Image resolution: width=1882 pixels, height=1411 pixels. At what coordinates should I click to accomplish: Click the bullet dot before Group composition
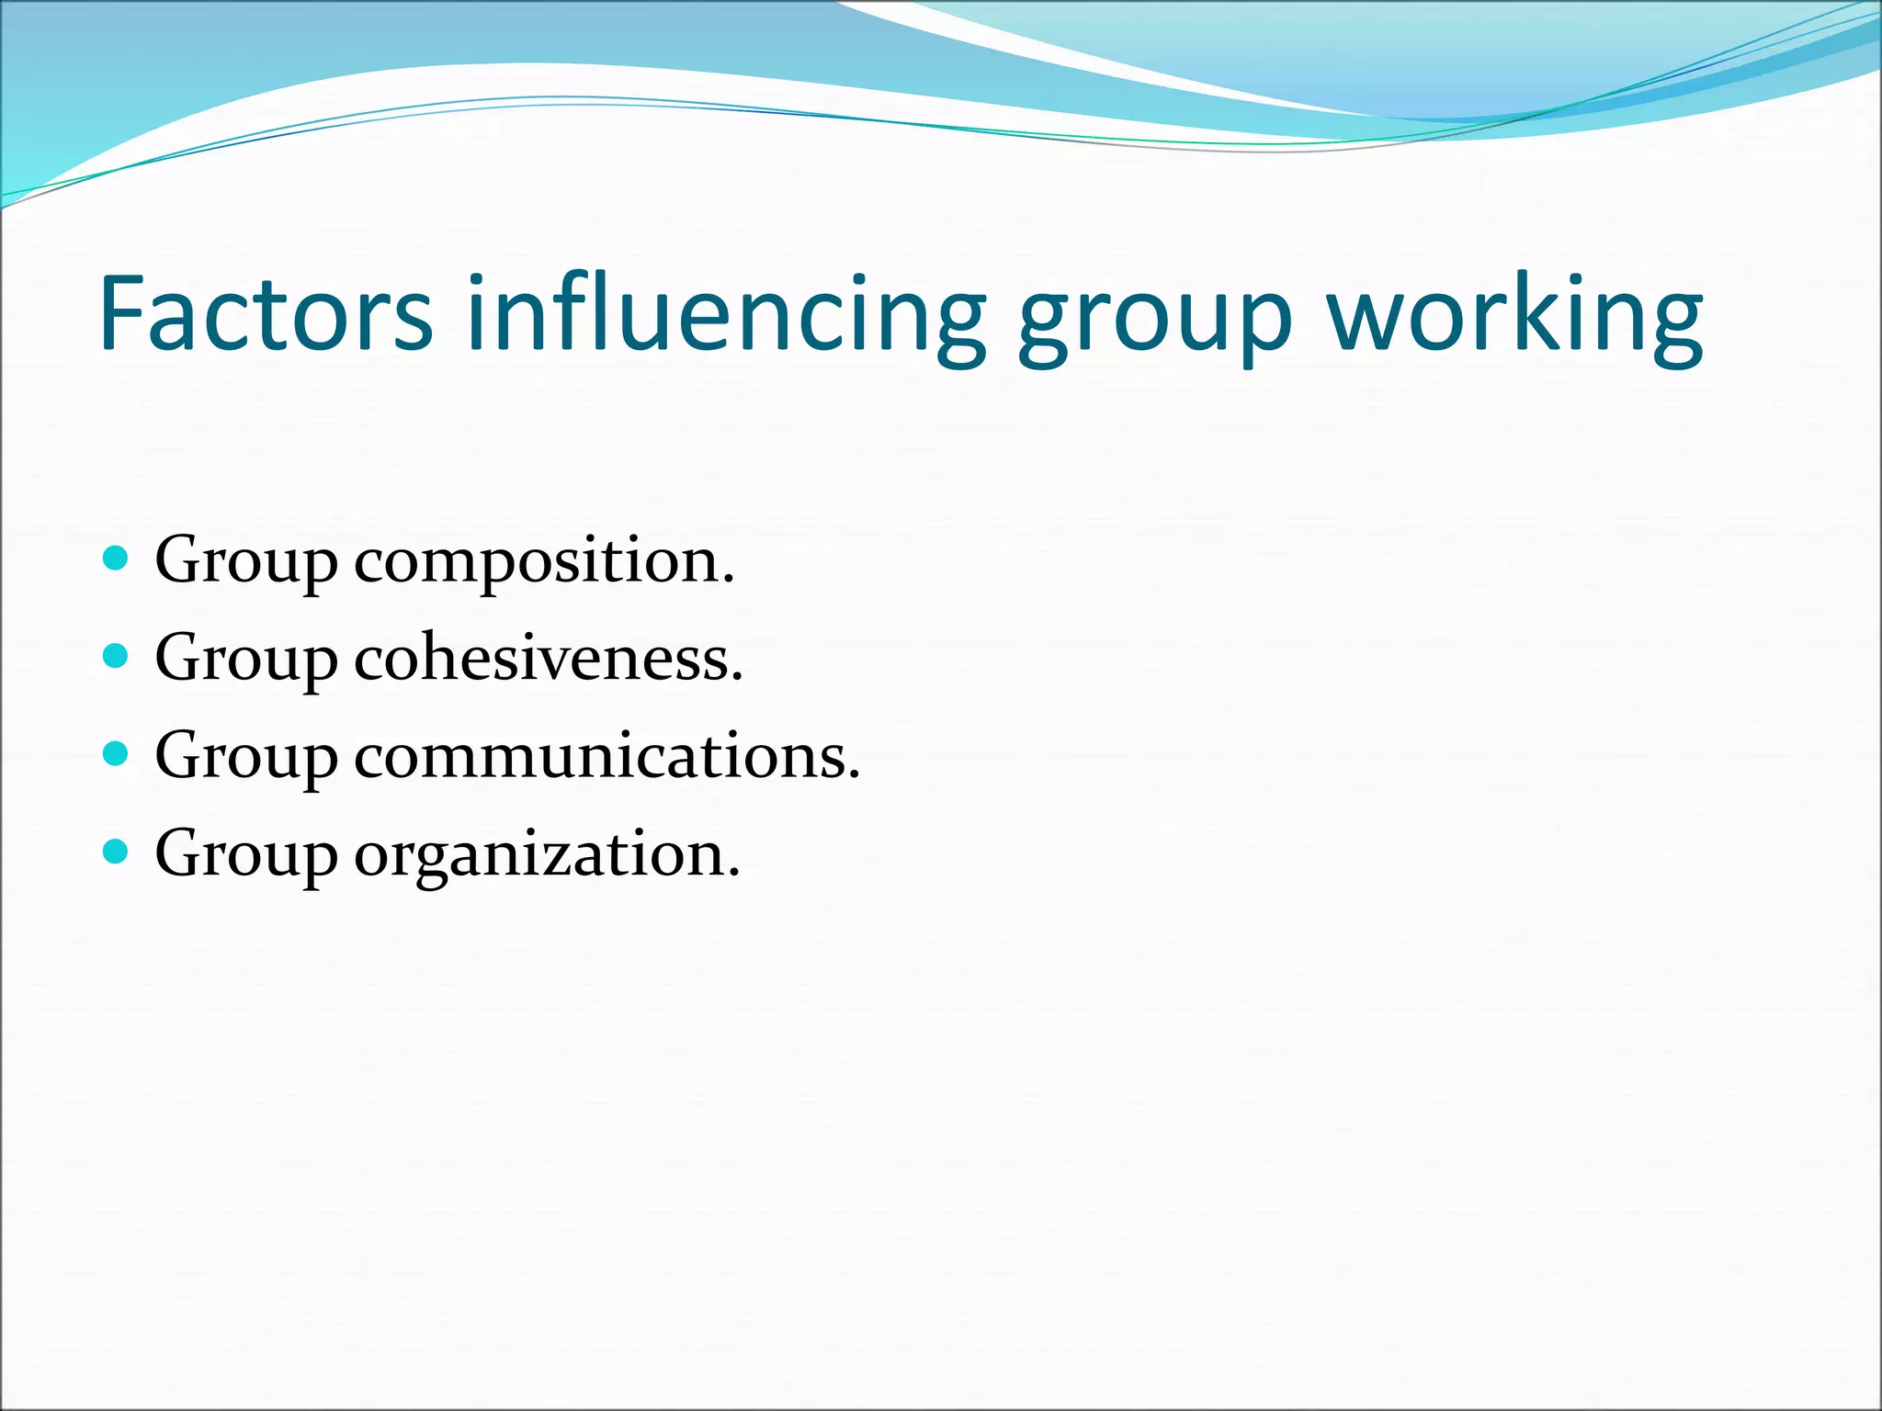point(115,558)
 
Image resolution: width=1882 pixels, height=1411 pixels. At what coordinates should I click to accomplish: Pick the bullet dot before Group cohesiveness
point(115,656)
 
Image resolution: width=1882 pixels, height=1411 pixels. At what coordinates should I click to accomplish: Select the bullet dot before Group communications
point(115,754)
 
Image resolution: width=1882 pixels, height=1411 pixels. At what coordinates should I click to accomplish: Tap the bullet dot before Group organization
point(115,852)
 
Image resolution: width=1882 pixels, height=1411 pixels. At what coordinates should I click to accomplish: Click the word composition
point(543,562)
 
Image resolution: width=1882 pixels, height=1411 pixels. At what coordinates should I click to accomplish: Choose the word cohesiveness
point(548,659)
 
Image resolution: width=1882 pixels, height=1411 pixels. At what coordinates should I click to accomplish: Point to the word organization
point(546,856)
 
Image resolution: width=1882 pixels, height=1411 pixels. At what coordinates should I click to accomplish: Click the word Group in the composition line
point(245,562)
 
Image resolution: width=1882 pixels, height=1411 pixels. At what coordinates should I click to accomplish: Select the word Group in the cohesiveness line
point(245,660)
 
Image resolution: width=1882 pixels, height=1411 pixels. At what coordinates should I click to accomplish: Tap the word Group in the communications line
point(245,759)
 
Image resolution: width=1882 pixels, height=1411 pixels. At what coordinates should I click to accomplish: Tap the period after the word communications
point(854,777)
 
